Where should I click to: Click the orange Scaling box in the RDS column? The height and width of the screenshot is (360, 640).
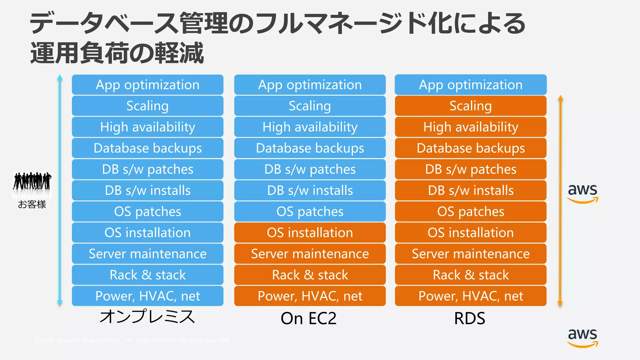click(x=471, y=106)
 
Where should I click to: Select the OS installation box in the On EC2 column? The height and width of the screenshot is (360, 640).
click(x=310, y=232)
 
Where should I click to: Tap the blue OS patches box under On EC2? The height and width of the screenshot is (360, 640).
click(x=310, y=212)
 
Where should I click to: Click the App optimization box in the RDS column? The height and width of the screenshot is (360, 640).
click(x=471, y=85)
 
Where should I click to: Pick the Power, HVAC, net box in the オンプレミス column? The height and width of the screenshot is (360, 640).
click(x=147, y=296)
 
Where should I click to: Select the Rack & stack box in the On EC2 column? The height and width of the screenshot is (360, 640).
click(x=310, y=275)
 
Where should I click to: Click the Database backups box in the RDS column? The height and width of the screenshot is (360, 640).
click(x=471, y=148)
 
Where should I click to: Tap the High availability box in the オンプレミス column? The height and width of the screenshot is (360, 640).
click(x=147, y=127)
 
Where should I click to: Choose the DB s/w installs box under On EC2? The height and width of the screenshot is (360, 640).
click(x=310, y=190)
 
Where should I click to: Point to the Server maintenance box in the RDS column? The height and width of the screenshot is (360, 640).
click(x=471, y=254)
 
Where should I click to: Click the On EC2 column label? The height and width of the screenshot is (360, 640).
click(x=308, y=318)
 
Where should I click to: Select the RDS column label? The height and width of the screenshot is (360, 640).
click(x=469, y=318)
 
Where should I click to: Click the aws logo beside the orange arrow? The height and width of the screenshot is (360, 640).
click(x=582, y=193)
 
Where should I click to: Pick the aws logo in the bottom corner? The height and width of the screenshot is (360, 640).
click(x=582, y=337)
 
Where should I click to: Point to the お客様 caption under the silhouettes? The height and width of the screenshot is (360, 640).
click(x=32, y=204)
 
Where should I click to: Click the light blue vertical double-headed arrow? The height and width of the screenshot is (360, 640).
click(x=60, y=190)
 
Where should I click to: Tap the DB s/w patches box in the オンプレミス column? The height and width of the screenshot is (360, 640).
click(x=147, y=169)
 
